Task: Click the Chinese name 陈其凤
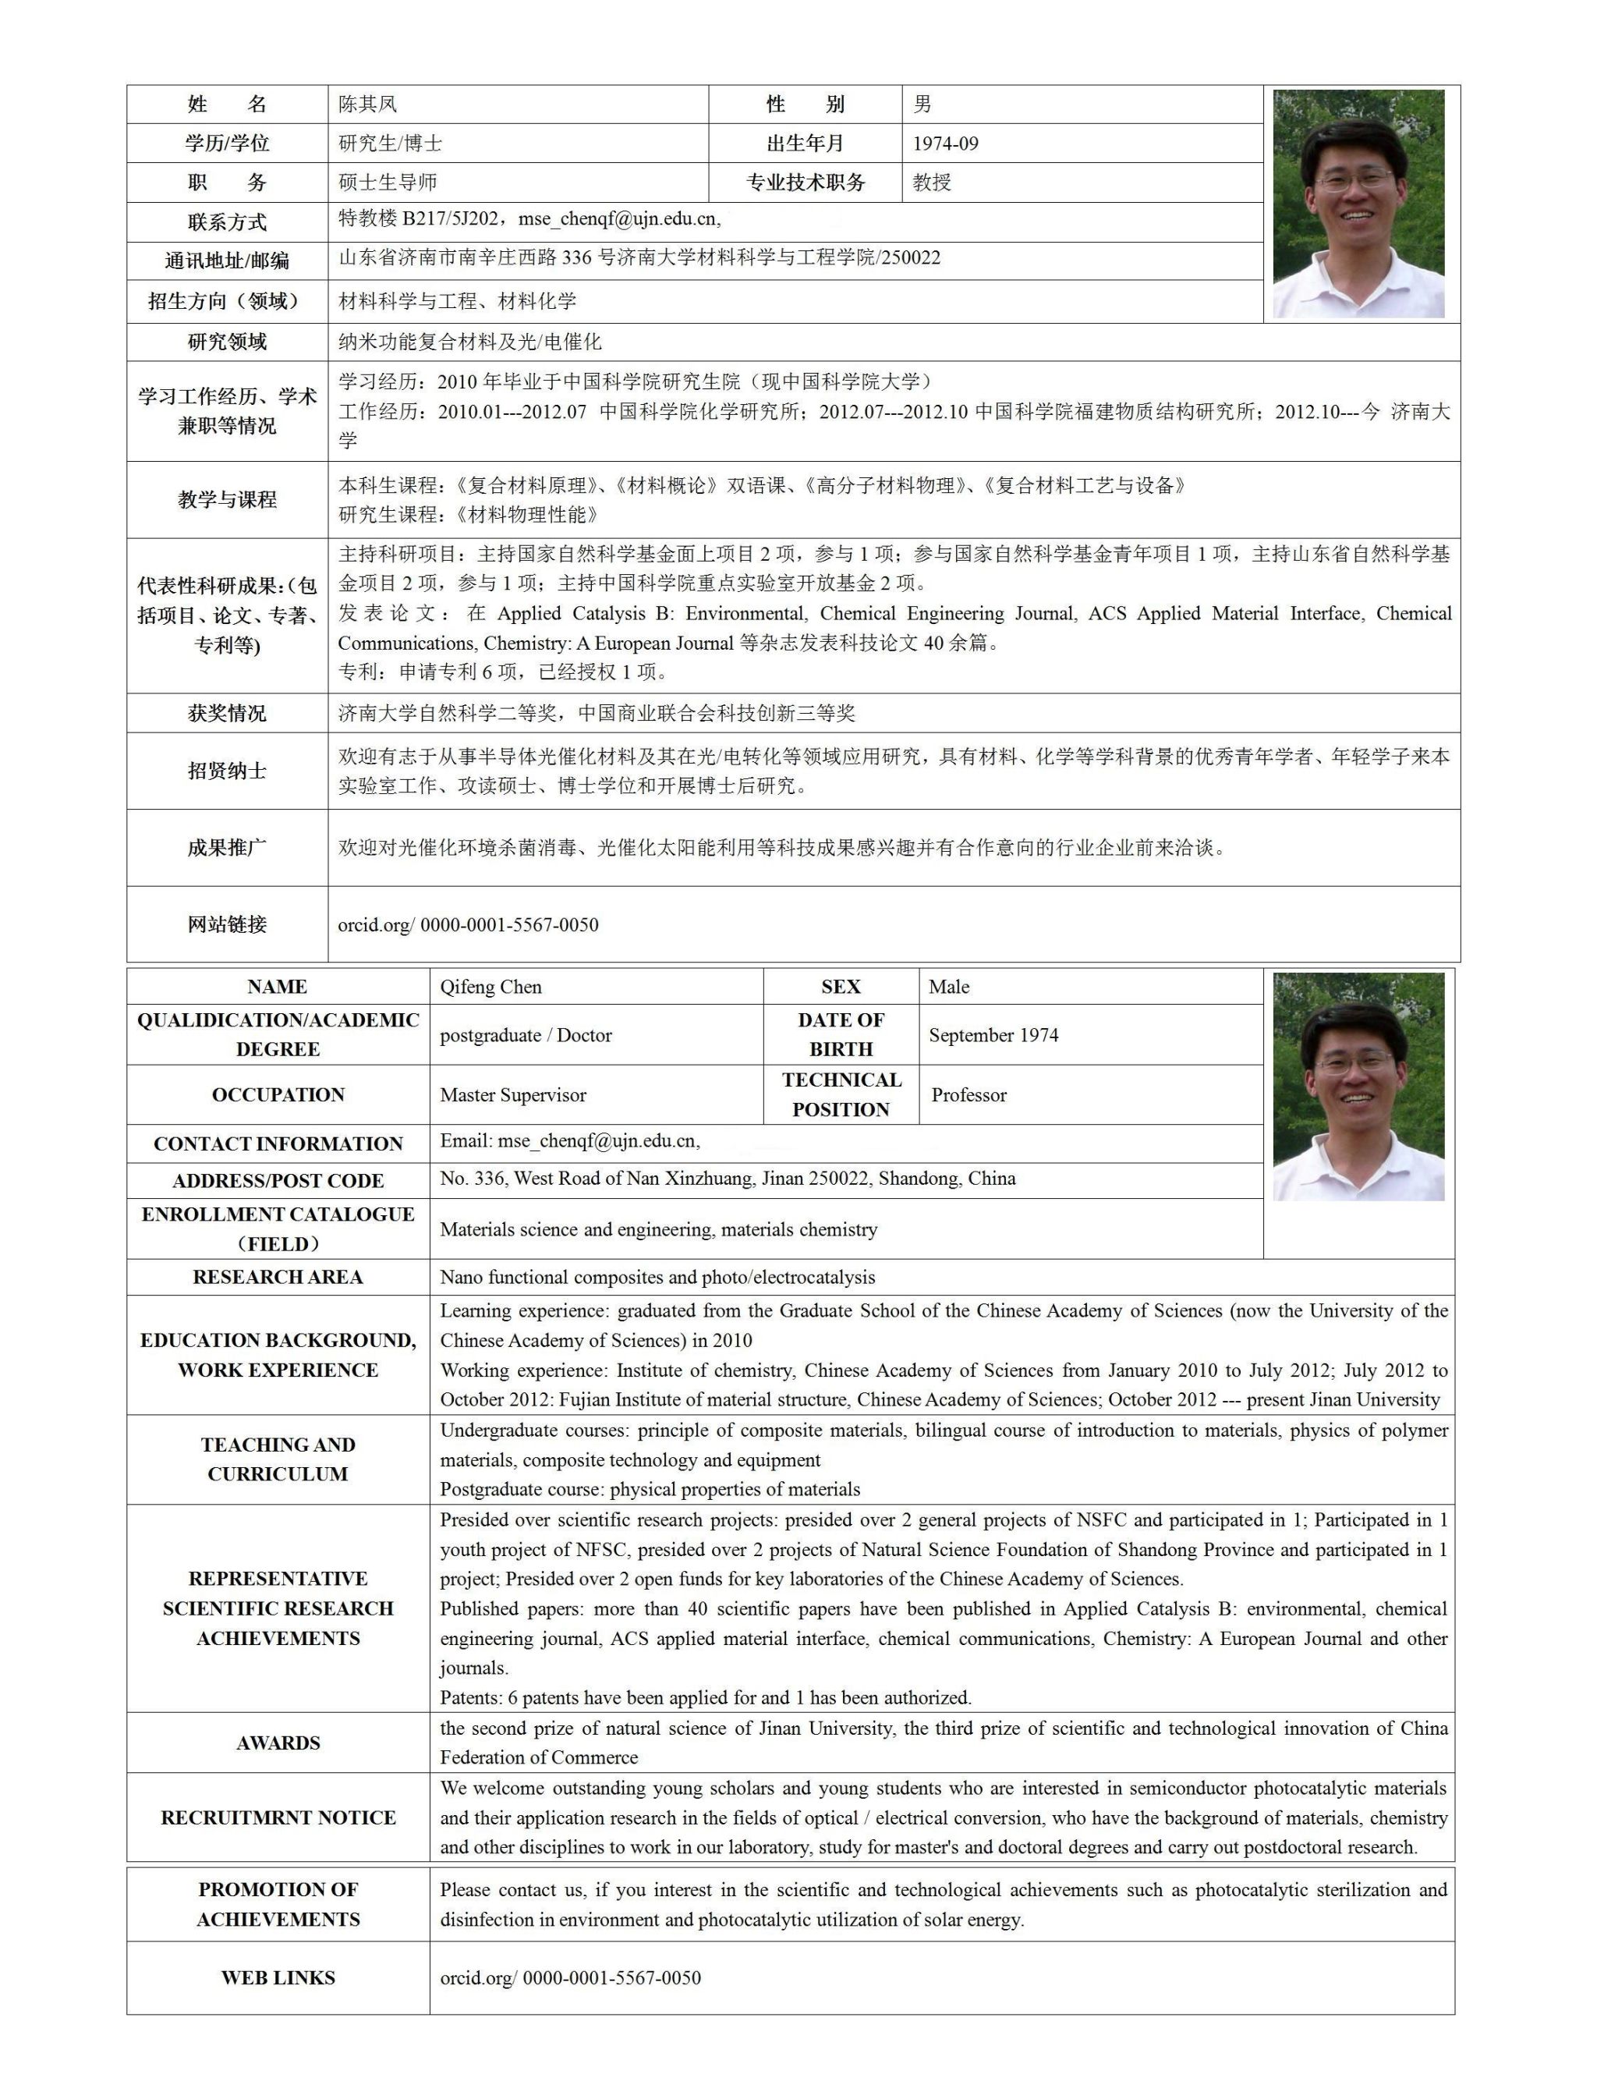[x=368, y=105]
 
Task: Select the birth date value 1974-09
[x=945, y=144]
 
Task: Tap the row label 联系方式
[x=227, y=222]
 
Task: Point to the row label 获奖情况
[x=227, y=713]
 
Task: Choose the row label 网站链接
[x=227, y=924]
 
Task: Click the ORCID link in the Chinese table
[x=468, y=925]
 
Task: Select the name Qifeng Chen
[x=490, y=987]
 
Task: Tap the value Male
[x=949, y=987]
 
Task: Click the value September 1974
[x=993, y=1035]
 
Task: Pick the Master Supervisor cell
[x=513, y=1095]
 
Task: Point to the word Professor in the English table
[x=968, y=1095]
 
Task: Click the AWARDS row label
[x=278, y=1743]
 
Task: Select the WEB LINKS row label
[x=278, y=1978]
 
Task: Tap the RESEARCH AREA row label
[x=278, y=1277]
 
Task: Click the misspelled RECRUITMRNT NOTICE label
[x=278, y=1817]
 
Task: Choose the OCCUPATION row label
[x=278, y=1095]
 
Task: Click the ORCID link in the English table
[x=570, y=1978]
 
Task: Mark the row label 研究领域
[x=227, y=342]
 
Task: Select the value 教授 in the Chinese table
[x=932, y=183]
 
